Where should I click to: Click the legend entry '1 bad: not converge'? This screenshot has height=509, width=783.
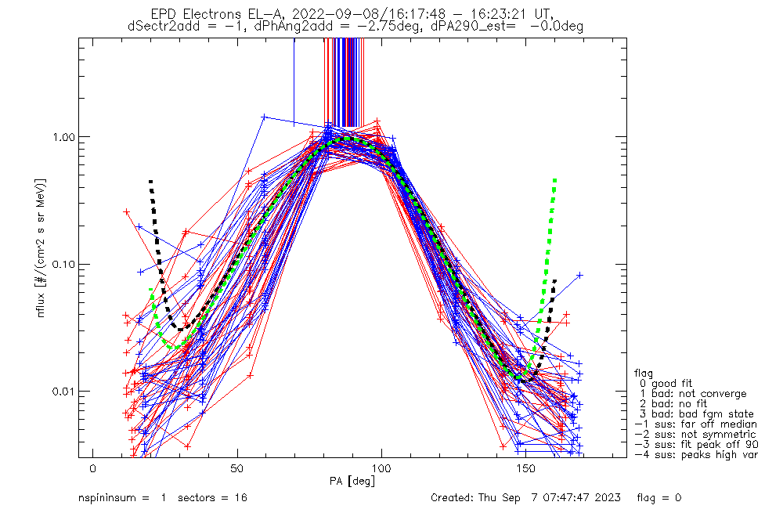pos(693,394)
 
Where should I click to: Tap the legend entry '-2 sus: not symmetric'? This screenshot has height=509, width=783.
pos(695,435)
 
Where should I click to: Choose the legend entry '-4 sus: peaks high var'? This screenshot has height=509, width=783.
pos(695,455)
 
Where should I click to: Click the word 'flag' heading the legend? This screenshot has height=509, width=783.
pos(644,374)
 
